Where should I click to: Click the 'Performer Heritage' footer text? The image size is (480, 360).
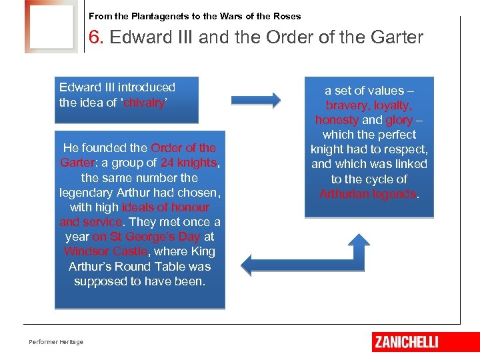(56, 342)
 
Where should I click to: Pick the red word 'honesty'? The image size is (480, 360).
(337, 120)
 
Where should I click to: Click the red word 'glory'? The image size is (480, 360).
(399, 120)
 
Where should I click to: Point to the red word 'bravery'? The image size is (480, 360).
(347, 105)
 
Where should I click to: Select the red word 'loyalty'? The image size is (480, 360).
(393, 105)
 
